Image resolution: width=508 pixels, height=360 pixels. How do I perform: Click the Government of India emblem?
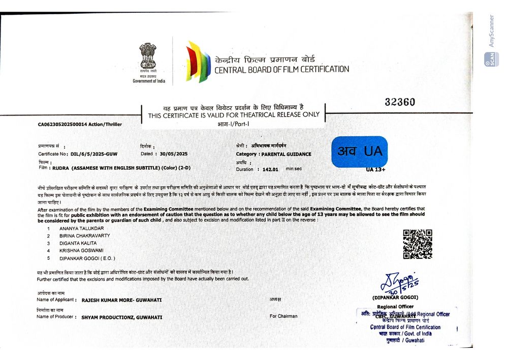coord(148,57)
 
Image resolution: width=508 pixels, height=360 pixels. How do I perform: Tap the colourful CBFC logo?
coord(198,62)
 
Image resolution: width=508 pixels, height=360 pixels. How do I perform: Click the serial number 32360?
coord(400,102)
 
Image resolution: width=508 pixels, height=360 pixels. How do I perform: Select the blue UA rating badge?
coord(359,152)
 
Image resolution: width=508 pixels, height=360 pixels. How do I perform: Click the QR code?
coord(417,244)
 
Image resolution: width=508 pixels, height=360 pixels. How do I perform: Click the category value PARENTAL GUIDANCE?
coord(287,154)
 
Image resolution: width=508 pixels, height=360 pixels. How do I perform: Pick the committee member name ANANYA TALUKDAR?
coord(81,229)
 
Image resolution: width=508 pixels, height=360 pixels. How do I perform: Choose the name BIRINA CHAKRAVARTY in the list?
coord(85,236)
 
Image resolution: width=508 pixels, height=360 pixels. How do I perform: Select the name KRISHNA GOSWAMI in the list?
coord(81,251)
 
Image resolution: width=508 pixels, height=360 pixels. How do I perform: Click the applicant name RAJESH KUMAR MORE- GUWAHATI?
coord(121,300)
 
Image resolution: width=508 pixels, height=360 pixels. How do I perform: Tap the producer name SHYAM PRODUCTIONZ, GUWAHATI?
coord(122,317)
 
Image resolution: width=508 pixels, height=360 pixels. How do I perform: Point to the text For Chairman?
coord(283,316)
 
